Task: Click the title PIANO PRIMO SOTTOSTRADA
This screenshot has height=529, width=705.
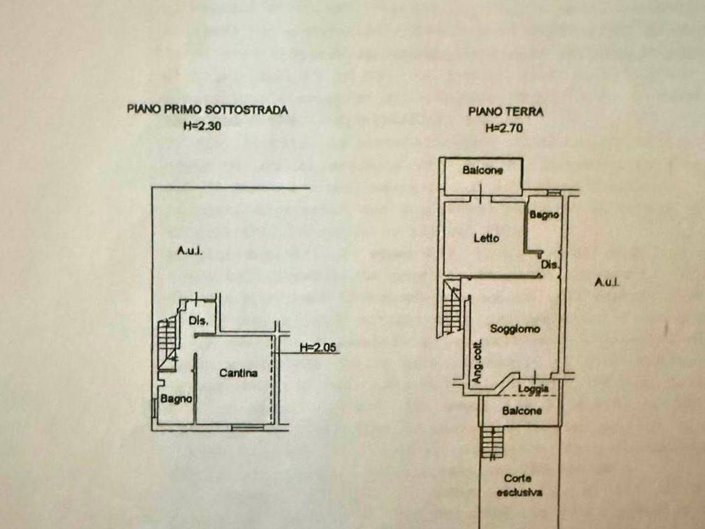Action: [208, 110]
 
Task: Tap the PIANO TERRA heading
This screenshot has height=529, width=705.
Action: [506, 112]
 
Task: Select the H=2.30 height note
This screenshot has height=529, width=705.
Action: [202, 126]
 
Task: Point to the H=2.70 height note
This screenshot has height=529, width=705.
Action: [505, 128]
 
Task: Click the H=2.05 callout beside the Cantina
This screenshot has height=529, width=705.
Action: [318, 347]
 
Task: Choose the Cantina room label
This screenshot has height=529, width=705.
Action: [238, 373]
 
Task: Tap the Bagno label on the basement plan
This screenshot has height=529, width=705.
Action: [176, 400]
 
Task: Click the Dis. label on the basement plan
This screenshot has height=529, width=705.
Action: [198, 321]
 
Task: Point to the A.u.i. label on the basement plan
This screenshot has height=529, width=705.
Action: [190, 251]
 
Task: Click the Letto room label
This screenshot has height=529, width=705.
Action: [486, 238]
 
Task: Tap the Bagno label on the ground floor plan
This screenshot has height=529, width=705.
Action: [544, 214]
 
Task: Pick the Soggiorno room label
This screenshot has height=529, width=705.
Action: [515, 328]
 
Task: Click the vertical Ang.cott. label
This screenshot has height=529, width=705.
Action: [478, 361]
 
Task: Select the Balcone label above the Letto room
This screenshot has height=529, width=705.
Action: [482, 170]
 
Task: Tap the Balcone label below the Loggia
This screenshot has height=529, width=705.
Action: [522, 411]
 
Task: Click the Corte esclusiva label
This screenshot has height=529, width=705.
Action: [519, 495]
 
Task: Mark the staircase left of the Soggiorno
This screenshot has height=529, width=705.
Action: [452, 309]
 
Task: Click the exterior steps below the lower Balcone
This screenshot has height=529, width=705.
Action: [492, 443]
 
